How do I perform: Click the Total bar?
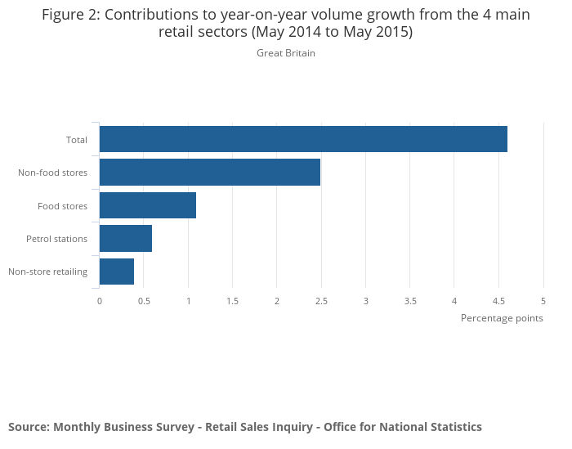(x=303, y=139)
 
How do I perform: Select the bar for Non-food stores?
(x=210, y=173)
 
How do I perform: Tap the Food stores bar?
(x=148, y=205)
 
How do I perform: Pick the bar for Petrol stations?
(x=126, y=238)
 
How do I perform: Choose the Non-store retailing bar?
(x=117, y=272)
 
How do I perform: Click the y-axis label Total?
(x=77, y=140)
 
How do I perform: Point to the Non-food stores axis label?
(x=52, y=173)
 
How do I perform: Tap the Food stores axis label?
(x=62, y=206)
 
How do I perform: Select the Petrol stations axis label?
(x=56, y=239)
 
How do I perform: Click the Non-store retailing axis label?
(x=47, y=272)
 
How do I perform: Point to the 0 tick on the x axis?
(x=100, y=301)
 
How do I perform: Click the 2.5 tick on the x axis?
(x=321, y=301)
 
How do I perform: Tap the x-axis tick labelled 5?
(x=543, y=301)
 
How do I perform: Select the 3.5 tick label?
(x=410, y=301)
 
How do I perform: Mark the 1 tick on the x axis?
(x=189, y=301)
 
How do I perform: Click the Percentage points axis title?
(x=502, y=318)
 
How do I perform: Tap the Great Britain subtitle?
(x=286, y=53)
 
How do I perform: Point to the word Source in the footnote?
(x=28, y=427)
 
